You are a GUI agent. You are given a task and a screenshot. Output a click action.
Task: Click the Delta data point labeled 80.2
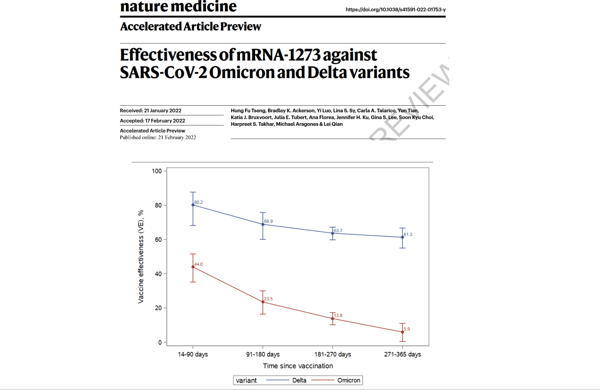tap(193, 205)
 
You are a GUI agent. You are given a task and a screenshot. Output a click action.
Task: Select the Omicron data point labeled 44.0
tap(193, 267)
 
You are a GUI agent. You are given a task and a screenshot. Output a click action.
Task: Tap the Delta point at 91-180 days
tap(263, 224)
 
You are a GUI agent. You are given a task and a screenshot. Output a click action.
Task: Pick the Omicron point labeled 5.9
tap(403, 332)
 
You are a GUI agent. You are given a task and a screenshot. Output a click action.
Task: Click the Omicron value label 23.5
tap(269, 299)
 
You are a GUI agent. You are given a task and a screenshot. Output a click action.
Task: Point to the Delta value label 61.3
tap(408, 234)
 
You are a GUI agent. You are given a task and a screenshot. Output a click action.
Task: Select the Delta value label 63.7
tap(337, 231)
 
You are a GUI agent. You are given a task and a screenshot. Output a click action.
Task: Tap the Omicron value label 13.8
tap(337, 315)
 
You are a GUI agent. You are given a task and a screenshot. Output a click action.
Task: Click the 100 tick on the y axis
tap(156, 171)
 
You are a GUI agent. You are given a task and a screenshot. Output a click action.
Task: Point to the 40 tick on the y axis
tap(158, 274)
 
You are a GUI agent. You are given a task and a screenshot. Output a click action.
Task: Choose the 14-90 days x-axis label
tap(193, 354)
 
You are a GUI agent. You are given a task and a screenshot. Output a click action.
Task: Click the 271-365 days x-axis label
tap(403, 354)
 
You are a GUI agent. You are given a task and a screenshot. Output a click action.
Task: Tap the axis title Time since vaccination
tap(298, 366)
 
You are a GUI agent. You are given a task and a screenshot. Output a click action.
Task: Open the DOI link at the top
tap(395, 9)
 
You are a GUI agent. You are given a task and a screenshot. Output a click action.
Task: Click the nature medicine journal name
tap(178, 7)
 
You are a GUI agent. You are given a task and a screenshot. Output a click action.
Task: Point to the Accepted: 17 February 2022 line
tap(152, 121)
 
